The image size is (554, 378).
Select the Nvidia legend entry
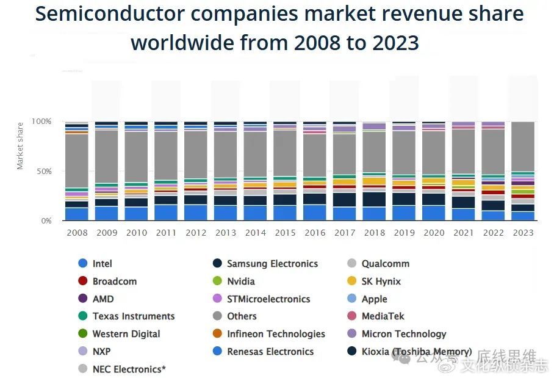tap(240, 282)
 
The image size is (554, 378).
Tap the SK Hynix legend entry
tap(381, 282)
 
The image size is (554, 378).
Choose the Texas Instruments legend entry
tap(133, 316)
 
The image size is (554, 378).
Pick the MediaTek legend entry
tap(383, 316)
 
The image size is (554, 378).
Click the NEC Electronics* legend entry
tap(129, 369)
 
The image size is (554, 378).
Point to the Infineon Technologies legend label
tap(276, 334)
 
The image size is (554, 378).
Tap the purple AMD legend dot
tap(83, 299)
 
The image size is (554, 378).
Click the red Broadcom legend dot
tap(83, 282)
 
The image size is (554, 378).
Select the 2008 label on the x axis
tap(77, 233)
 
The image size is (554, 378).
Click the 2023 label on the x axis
tap(523, 233)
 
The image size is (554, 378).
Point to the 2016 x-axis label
tap(315, 233)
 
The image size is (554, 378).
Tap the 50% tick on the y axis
tap(47, 172)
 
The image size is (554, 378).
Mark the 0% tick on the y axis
tap(47, 221)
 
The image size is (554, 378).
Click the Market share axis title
tap(20, 147)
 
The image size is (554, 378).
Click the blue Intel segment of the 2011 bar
tap(166, 213)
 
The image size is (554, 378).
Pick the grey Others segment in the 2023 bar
tap(523, 147)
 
